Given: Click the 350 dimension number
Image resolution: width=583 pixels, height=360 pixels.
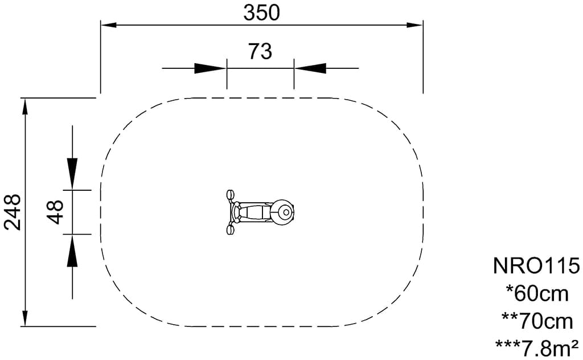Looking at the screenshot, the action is [x=261, y=13].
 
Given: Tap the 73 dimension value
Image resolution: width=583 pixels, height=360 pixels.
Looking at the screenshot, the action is [x=260, y=51].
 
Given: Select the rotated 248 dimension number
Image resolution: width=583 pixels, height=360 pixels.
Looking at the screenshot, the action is [x=13, y=212].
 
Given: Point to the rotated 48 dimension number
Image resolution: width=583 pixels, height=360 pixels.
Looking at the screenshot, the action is [x=56, y=212].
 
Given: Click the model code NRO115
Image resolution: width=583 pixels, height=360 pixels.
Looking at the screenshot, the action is [x=536, y=266].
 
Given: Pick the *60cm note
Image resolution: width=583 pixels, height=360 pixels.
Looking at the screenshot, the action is [x=537, y=293].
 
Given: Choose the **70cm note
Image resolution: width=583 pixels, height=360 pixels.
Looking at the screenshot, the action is [x=537, y=321].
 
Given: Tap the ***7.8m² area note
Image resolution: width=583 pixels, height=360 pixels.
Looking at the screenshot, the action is [x=537, y=348].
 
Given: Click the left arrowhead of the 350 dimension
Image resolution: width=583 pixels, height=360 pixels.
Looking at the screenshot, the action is [x=109, y=25].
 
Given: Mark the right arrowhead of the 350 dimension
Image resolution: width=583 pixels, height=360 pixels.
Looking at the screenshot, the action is [x=414, y=25].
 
